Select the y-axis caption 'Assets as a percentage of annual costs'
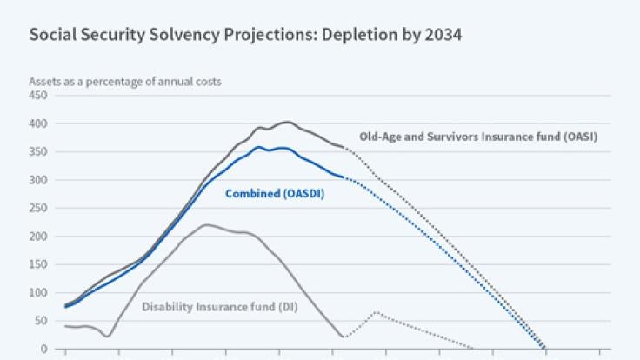(x=125, y=81)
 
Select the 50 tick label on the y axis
(x=40, y=321)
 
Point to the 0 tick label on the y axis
(x=43, y=349)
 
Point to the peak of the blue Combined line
(x=259, y=147)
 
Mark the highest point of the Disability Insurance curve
(x=206, y=225)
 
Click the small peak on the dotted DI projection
(x=376, y=312)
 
